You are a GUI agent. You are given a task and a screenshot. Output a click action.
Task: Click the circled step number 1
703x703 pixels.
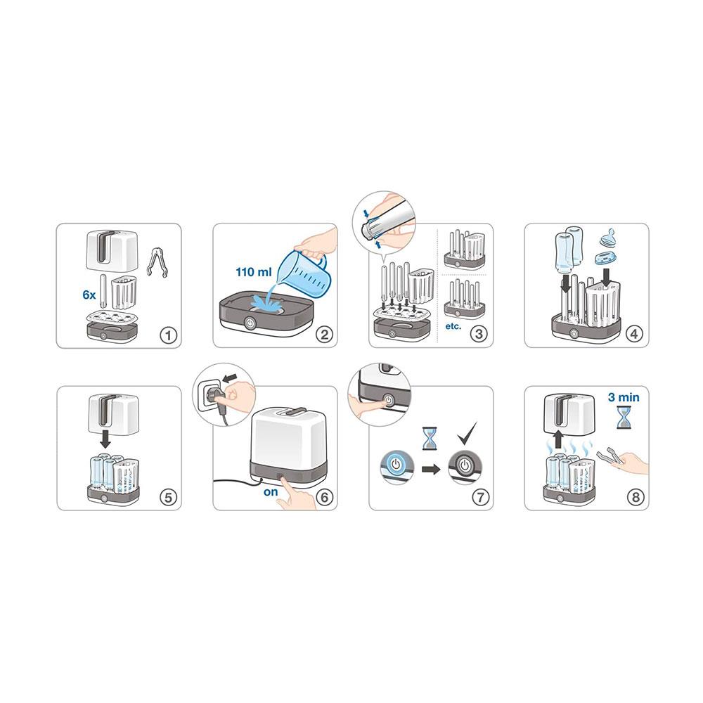pyautogui.click(x=169, y=335)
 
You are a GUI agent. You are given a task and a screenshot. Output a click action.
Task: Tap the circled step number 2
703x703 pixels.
pyautogui.click(x=324, y=335)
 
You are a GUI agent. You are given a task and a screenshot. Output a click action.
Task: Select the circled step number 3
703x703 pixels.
pyautogui.click(x=479, y=334)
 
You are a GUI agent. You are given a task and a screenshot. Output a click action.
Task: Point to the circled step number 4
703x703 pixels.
pyautogui.click(x=634, y=334)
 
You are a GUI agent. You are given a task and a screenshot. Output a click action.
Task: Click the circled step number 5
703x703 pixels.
pyautogui.click(x=169, y=497)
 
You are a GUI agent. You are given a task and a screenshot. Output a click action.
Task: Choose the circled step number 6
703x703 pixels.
pyautogui.click(x=324, y=497)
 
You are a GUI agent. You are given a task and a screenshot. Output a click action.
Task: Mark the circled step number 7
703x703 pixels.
pyautogui.click(x=480, y=497)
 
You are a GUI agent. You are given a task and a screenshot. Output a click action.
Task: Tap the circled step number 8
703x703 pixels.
pyautogui.click(x=636, y=497)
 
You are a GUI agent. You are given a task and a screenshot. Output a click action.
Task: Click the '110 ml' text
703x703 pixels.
pyautogui.click(x=254, y=271)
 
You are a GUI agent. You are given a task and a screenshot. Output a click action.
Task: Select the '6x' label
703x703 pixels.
pyautogui.click(x=89, y=295)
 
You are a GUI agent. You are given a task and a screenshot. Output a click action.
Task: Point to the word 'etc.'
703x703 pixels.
pyautogui.click(x=453, y=326)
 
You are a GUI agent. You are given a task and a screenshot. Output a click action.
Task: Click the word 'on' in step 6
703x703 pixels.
pyautogui.click(x=271, y=492)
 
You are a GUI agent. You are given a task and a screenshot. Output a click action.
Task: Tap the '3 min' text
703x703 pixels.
pyautogui.click(x=624, y=397)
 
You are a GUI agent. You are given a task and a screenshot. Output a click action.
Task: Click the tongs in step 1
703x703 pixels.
pyautogui.click(x=157, y=262)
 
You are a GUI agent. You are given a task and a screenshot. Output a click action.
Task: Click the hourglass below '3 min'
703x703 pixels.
pyautogui.click(x=623, y=417)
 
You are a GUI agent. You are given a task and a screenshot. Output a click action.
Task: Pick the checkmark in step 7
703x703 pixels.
pyautogui.click(x=467, y=432)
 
